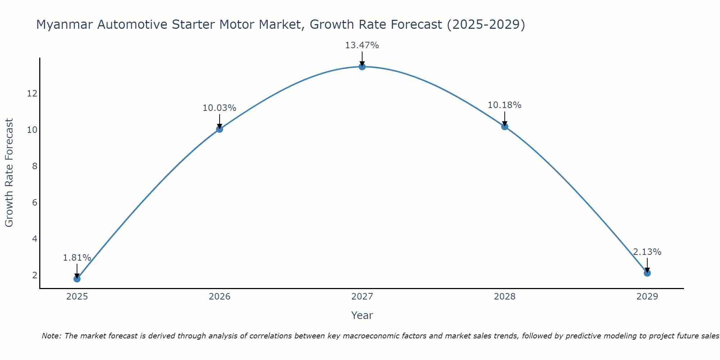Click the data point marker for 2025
77,279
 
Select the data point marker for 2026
219,129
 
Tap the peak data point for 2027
362,67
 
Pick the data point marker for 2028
504,126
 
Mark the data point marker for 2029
647,273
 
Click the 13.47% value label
362,45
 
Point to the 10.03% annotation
219,108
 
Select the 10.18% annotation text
504,105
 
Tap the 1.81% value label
77,258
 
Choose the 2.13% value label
647,252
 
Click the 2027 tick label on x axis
362,297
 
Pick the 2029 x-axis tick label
647,297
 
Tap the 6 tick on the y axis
35,202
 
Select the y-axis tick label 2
35,275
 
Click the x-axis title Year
362,315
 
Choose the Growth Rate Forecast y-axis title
9,173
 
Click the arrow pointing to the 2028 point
504,118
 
